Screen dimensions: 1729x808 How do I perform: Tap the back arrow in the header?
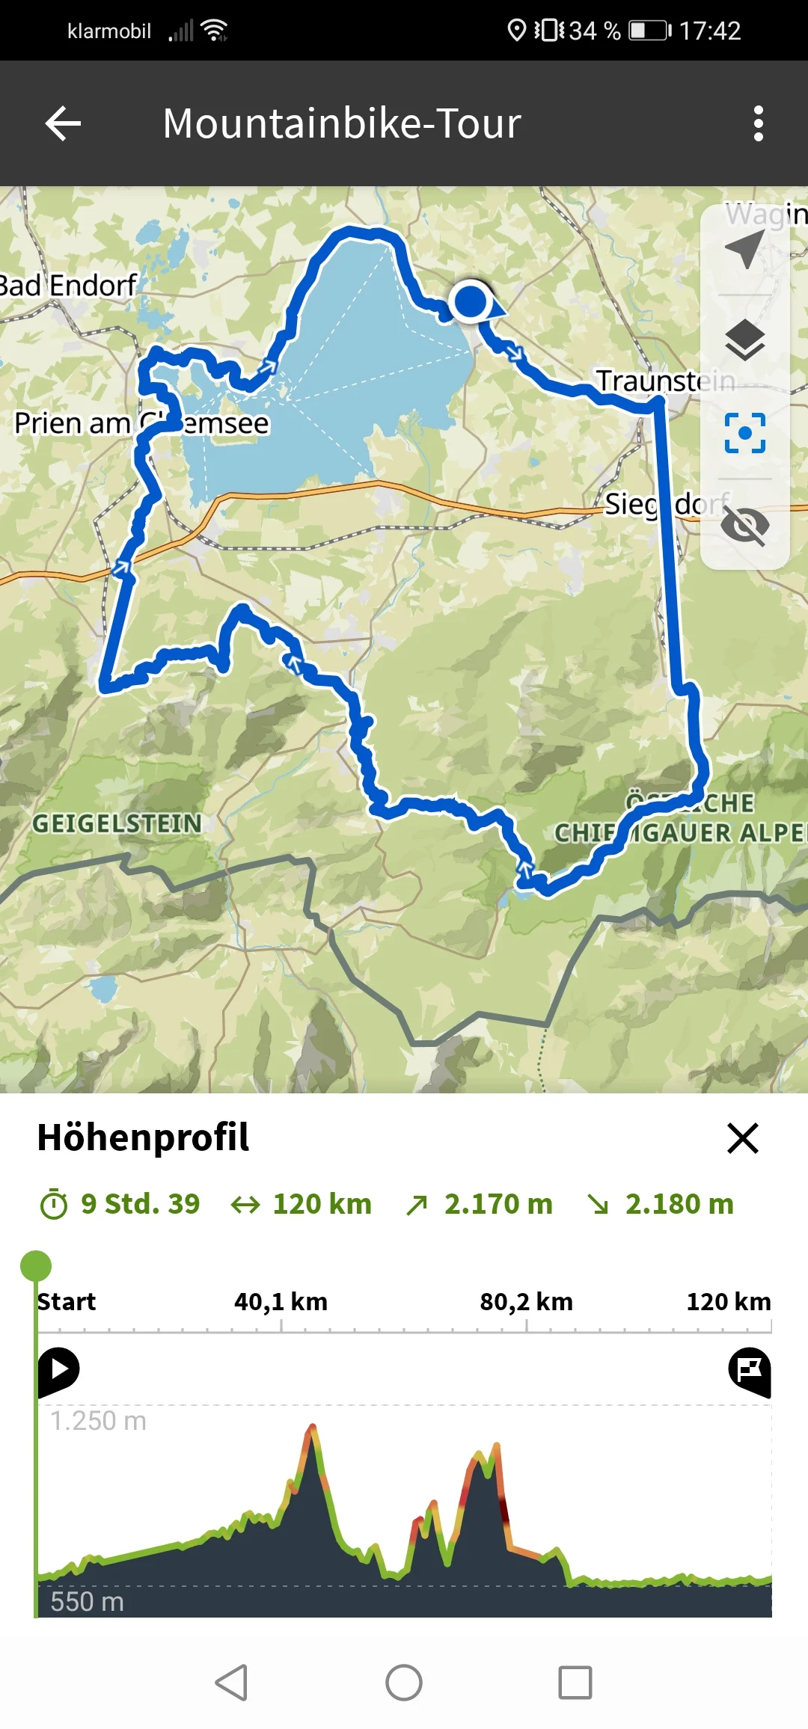click(64, 123)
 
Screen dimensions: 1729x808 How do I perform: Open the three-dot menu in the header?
click(758, 123)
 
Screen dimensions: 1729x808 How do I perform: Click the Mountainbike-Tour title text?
click(342, 123)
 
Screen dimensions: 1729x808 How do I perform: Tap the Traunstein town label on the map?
click(664, 381)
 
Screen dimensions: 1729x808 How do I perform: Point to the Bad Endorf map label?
click(69, 286)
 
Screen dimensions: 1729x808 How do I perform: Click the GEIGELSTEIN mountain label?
click(117, 823)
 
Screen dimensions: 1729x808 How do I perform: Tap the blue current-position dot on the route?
click(471, 301)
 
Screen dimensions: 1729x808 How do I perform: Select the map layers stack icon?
click(745, 340)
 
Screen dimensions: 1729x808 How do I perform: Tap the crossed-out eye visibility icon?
click(745, 525)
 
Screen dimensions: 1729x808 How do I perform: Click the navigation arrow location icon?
click(745, 249)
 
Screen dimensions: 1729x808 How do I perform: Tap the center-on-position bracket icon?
click(745, 433)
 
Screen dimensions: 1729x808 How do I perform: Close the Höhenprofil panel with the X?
click(742, 1138)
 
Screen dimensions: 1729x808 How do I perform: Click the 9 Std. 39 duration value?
click(140, 1204)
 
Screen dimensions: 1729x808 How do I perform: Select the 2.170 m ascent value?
click(498, 1204)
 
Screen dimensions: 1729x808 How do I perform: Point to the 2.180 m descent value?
click(679, 1204)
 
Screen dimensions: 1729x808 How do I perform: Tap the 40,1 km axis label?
click(281, 1302)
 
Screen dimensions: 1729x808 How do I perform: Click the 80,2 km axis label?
click(526, 1302)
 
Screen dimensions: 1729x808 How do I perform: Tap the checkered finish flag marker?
click(750, 1370)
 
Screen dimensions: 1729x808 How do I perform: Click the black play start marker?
click(59, 1370)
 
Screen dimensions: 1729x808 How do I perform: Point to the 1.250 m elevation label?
click(98, 1421)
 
